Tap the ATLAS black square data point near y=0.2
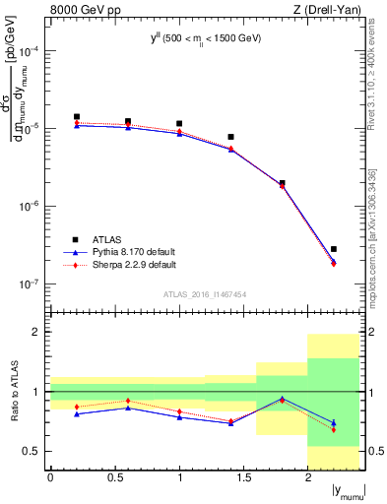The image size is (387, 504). [77, 116]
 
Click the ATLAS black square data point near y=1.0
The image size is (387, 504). [179, 124]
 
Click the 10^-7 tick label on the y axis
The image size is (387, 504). [29, 284]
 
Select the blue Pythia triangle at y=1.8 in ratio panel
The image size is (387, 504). [283, 399]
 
